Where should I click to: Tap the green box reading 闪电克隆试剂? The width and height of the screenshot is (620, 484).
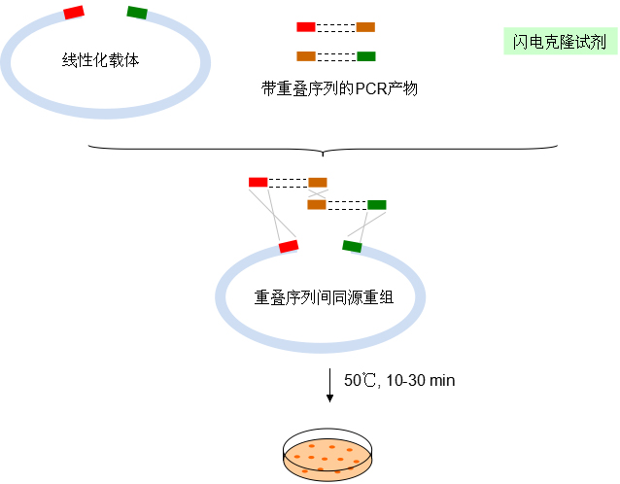pos(559,42)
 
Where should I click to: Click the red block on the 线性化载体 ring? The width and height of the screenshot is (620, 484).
pos(73,12)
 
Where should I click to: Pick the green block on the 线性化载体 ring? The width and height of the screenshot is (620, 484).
pos(137,12)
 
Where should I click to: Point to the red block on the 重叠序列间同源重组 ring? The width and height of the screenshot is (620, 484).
pos(289,246)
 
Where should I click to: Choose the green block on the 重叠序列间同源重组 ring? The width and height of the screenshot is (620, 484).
pos(352,246)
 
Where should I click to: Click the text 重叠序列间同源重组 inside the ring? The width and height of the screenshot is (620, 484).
pos(322,296)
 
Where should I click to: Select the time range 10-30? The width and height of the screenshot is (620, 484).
pos(404,380)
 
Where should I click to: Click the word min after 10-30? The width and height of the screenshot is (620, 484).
pos(441,380)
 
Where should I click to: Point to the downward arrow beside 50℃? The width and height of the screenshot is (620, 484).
pos(330,385)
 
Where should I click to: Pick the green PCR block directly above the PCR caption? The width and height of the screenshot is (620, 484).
pos(366,55)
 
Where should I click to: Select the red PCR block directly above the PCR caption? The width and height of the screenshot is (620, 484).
pos(306,27)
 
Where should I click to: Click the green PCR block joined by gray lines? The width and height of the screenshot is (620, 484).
pos(376,204)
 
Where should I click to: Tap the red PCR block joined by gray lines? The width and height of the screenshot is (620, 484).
pos(258,182)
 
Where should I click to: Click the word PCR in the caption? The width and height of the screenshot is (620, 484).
pos(371,88)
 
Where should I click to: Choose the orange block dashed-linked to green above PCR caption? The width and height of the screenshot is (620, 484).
pos(306,55)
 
